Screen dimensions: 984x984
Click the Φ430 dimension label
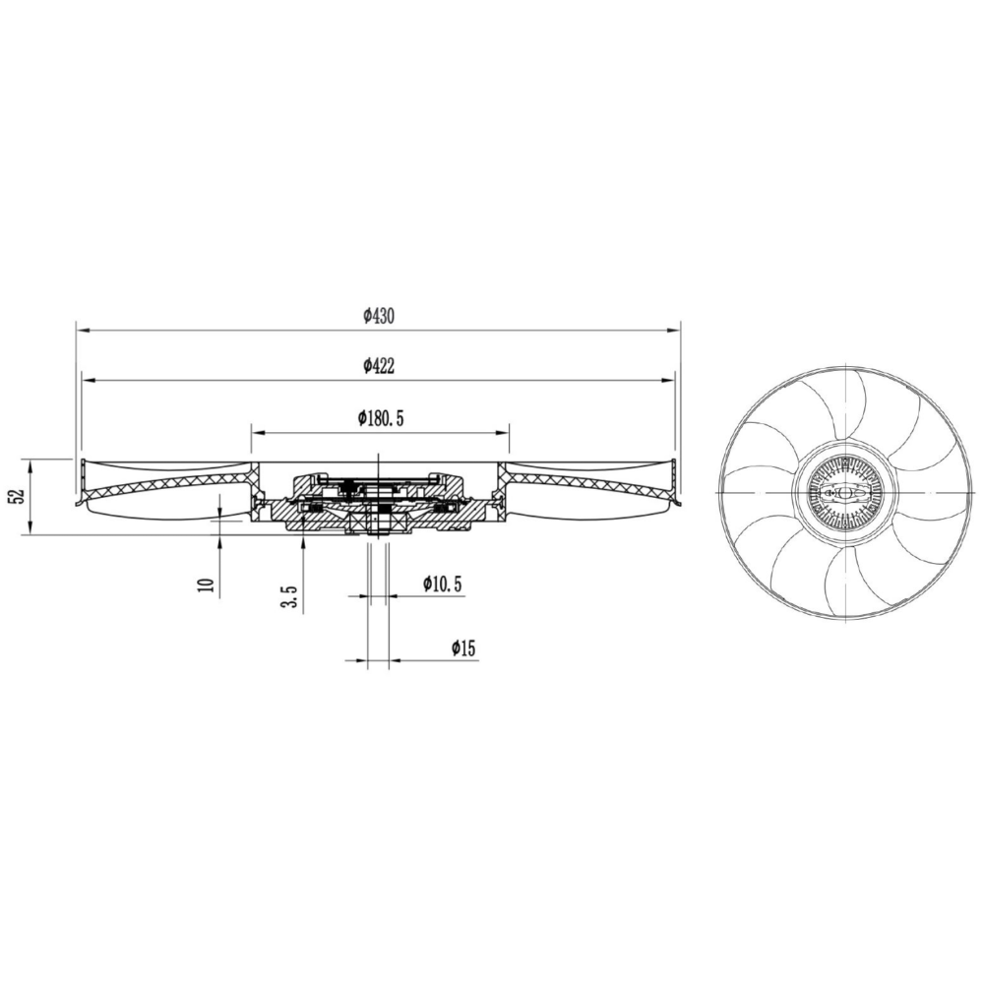[x=379, y=316]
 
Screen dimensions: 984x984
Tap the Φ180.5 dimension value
[x=380, y=418]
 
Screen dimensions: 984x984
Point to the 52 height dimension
[x=18, y=496]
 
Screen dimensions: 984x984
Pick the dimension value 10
[x=207, y=584]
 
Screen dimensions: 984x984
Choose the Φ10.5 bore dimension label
[x=442, y=584]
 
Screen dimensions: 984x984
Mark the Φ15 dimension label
[x=463, y=648]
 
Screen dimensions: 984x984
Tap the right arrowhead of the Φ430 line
[x=673, y=329]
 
